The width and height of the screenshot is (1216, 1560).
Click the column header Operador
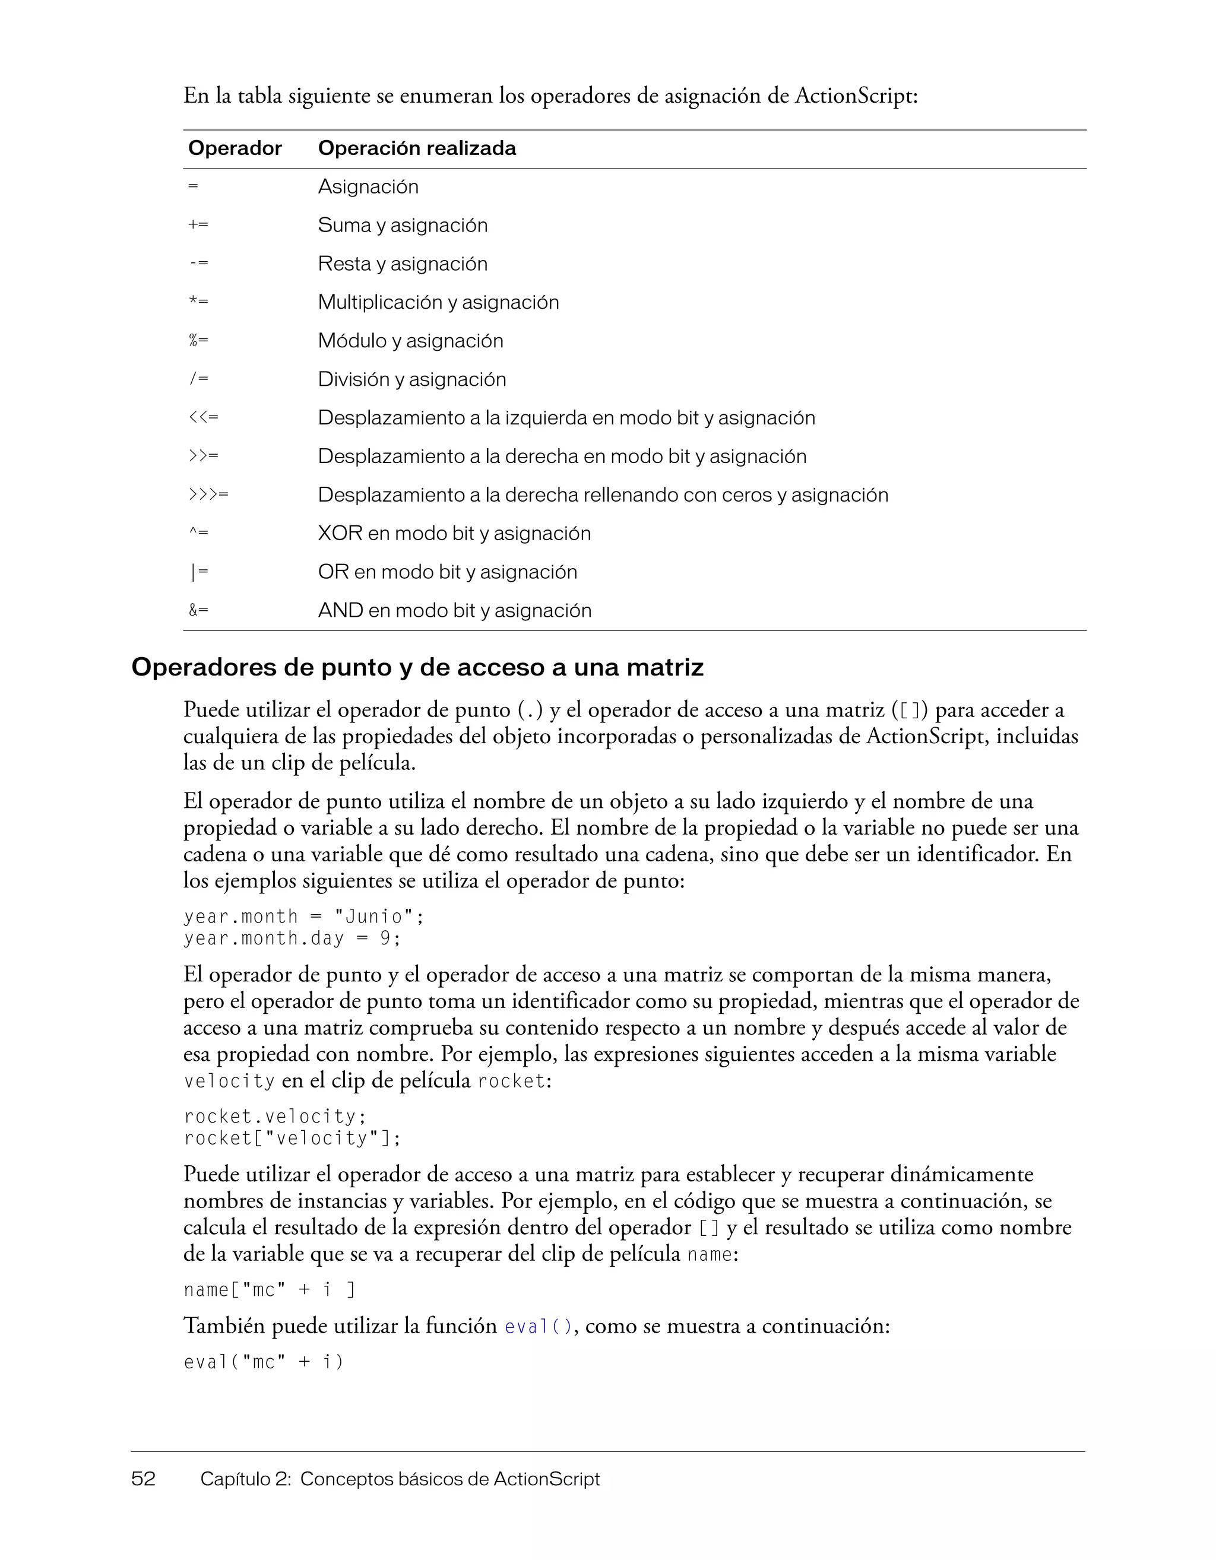click(235, 148)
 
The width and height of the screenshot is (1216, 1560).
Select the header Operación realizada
click(417, 148)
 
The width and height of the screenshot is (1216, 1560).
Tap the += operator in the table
click(199, 225)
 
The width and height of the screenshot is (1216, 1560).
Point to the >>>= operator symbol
click(208, 495)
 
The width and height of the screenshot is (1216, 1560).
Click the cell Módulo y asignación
click(410, 341)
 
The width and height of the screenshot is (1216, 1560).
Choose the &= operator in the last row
click(199, 611)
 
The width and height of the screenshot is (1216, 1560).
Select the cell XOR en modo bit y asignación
click(454, 534)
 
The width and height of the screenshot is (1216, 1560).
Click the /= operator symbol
click(199, 379)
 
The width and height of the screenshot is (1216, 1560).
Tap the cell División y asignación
click(411, 379)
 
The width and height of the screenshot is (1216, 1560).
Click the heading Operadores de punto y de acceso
click(417, 667)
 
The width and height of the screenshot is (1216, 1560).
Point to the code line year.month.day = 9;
click(292, 938)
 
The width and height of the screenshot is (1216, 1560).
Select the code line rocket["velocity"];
click(292, 1138)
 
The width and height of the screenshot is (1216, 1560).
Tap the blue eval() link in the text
click(538, 1327)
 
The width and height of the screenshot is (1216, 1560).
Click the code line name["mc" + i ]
click(270, 1289)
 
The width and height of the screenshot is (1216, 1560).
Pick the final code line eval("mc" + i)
click(264, 1362)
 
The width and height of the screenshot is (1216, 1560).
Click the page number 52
click(143, 1479)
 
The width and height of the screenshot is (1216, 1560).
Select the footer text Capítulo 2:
click(245, 1479)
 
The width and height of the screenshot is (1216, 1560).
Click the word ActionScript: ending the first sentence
click(856, 96)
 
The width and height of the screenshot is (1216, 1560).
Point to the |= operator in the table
click(199, 572)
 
